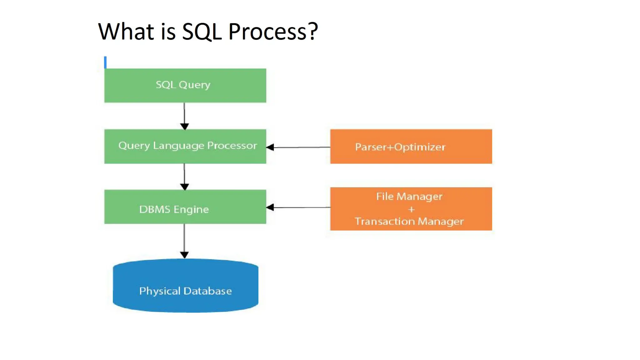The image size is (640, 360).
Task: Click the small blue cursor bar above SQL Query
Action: click(105, 62)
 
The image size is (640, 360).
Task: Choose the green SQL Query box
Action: click(185, 85)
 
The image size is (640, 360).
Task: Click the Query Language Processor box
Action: click(185, 146)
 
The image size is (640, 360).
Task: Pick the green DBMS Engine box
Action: click(185, 207)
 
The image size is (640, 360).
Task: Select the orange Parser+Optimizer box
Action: click(411, 146)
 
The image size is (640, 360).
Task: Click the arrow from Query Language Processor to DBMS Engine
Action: click(184, 177)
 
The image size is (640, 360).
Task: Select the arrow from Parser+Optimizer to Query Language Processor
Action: click(298, 147)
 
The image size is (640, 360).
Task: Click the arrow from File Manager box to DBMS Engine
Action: click(298, 207)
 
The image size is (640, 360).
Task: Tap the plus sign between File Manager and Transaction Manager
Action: click(411, 209)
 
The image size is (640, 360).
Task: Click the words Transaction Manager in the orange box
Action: click(409, 221)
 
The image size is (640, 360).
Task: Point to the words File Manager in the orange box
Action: click(409, 196)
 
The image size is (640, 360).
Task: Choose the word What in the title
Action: click(126, 32)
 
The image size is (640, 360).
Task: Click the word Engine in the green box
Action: click(191, 209)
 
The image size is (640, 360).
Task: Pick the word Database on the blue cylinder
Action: click(207, 291)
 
